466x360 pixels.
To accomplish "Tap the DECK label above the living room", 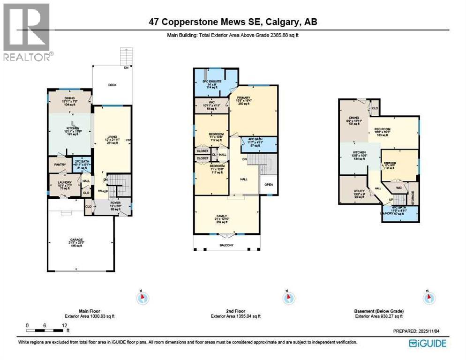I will (112, 85).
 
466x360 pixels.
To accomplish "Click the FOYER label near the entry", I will (109, 204).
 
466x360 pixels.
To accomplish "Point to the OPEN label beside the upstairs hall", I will (268, 184).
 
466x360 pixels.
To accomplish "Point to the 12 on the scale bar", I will (64, 325).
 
